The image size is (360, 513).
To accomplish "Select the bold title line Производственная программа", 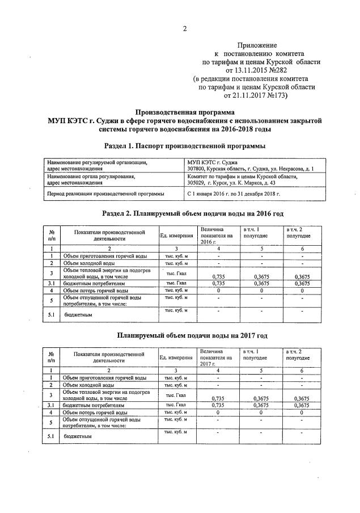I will pos(184,112).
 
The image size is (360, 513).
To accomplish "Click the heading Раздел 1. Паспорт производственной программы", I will pos(184,146).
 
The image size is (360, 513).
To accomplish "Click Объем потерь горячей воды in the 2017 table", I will pos(95,413).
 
